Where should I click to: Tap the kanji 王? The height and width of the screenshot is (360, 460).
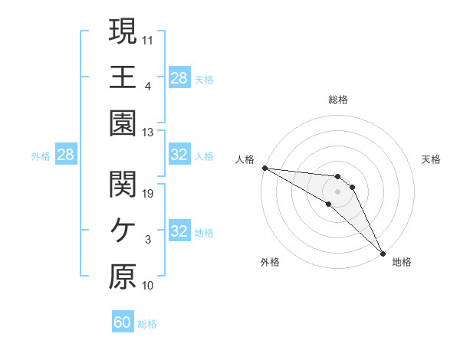tap(123, 77)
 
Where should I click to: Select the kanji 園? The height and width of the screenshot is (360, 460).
tap(123, 123)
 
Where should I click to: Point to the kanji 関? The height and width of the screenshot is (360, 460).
tap(123, 184)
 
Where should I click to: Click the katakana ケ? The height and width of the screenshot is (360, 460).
tap(123, 231)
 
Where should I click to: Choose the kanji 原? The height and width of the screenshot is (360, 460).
tap(123, 277)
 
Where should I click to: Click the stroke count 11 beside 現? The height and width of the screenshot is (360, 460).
tap(148, 39)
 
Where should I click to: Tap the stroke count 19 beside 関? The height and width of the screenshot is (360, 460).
tap(148, 193)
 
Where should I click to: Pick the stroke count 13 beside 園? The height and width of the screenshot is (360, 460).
tap(148, 132)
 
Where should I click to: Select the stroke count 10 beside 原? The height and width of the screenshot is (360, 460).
tap(148, 286)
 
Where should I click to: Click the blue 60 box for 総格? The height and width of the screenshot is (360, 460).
tap(123, 322)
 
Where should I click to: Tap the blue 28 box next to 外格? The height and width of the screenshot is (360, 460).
tap(65, 155)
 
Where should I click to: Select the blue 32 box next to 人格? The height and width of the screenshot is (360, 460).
tap(179, 155)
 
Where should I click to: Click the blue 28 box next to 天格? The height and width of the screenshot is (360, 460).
tap(179, 78)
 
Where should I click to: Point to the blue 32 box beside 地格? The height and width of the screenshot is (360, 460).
tap(179, 231)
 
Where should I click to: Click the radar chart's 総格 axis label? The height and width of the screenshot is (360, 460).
tap(337, 100)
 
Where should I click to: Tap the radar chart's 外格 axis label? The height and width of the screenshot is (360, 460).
tap(270, 262)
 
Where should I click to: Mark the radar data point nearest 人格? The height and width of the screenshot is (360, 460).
tap(264, 167)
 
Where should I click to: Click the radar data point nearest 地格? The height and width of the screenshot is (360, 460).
tap(383, 252)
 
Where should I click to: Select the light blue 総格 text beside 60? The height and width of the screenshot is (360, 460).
tap(147, 324)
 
